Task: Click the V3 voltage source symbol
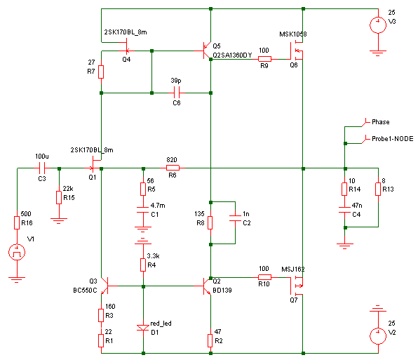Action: (378, 25)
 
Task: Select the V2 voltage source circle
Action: (378, 336)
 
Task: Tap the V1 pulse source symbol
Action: (17, 252)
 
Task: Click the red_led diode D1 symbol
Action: (143, 328)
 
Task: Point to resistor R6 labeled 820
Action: (173, 168)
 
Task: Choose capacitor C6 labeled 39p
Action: (177, 93)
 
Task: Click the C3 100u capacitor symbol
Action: (42, 168)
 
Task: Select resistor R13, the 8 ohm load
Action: (378, 189)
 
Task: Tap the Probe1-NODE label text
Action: (393, 139)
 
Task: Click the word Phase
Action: (380, 122)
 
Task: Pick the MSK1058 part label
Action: (292, 34)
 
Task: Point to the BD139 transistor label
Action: (222, 290)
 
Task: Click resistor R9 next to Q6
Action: (264, 59)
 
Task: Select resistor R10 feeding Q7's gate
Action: (264, 277)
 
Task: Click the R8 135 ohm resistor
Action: (210, 223)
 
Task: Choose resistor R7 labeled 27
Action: (101, 72)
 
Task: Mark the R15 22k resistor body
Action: (59, 198)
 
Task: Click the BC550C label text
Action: (85, 290)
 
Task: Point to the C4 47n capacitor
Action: (344, 210)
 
